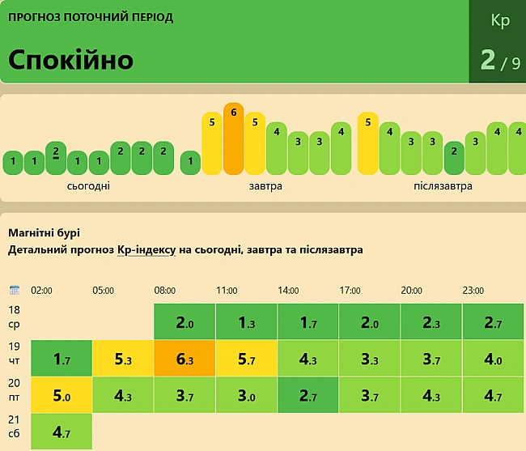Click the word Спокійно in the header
click(71, 60)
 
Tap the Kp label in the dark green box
click(500, 21)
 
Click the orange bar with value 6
click(233, 138)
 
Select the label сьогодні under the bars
click(89, 186)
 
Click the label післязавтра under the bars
click(443, 186)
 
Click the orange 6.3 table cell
click(185, 358)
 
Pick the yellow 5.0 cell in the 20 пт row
click(61, 395)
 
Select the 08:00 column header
click(166, 291)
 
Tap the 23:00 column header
click(473, 291)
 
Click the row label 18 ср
click(14, 317)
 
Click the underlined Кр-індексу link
click(146, 250)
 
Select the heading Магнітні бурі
click(44, 233)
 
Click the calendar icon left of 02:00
click(14, 290)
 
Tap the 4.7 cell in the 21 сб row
click(61, 432)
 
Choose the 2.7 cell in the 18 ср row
click(493, 322)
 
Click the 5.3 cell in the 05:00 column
click(123, 358)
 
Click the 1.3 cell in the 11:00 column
click(246, 322)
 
